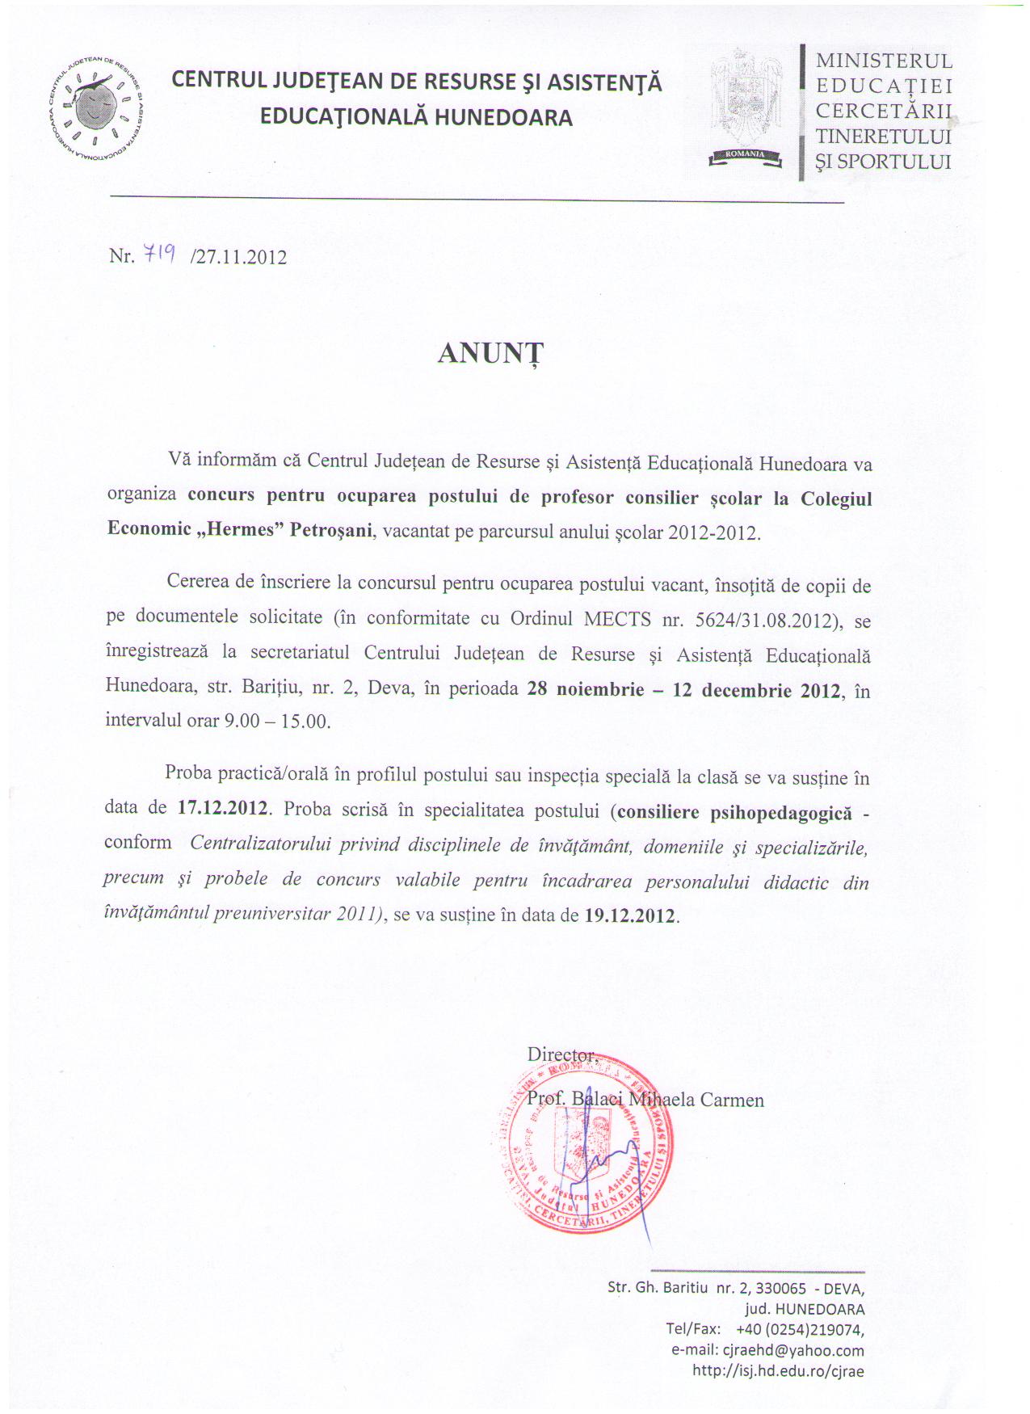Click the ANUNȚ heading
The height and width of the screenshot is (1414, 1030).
click(490, 354)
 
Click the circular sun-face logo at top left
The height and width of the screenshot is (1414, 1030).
click(96, 108)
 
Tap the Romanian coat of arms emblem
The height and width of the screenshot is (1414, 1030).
click(746, 105)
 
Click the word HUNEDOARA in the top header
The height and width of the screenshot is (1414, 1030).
click(503, 118)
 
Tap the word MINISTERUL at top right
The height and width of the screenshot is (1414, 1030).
click(884, 61)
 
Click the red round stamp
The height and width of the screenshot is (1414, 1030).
click(582, 1147)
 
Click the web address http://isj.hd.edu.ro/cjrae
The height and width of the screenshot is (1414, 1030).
click(778, 1370)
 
